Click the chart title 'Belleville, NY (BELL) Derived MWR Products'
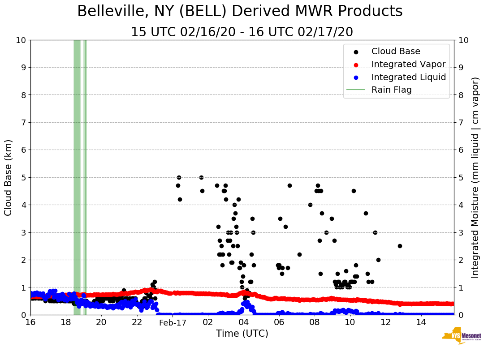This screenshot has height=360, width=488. (x=240, y=11)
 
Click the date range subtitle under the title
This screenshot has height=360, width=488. (x=242, y=32)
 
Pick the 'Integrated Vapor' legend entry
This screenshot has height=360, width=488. (x=408, y=64)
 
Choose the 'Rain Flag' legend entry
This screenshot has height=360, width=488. (x=391, y=90)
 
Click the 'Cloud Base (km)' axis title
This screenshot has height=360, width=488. (x=9, y=177)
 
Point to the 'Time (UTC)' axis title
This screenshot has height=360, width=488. (x=242, y=334)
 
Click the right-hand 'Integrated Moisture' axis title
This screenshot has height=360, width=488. (x=476, y=177)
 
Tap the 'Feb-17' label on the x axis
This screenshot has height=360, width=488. (x=173, y=322)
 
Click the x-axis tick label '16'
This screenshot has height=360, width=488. (x=30, y=322)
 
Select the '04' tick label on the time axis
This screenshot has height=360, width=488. (x=243, y=322)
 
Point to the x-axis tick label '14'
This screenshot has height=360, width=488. (x=421, y=322)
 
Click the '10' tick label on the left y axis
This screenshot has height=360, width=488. (x=21, y=40)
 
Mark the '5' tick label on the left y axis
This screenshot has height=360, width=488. (x=23, y=177)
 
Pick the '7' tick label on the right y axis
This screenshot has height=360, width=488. (x=461, y=122)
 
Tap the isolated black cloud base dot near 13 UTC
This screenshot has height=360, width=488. (x=400, y=246)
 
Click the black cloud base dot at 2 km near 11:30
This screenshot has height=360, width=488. (x=378, y=260)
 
